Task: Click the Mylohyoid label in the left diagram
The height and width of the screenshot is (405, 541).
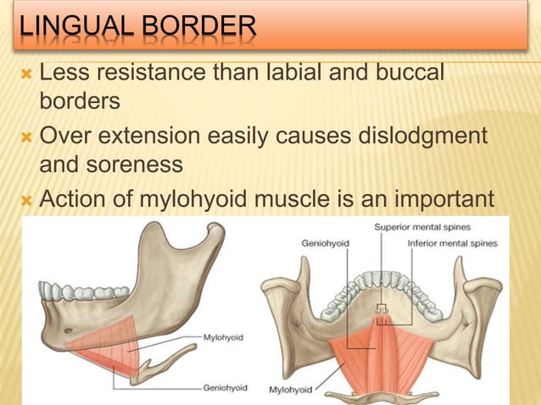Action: pyautogui.click(x=223, y=336)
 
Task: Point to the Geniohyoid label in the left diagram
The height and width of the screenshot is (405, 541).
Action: pyautogui.click(x=225, y=387)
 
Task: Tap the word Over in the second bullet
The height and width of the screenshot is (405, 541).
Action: pyautogui.click(x=63, y=136)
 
